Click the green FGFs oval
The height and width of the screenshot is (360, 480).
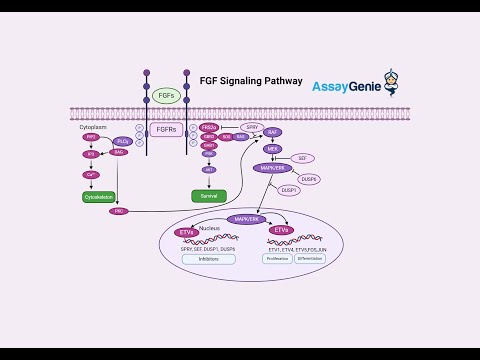coord(166,96)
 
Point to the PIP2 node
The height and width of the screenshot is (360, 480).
coord(90,137)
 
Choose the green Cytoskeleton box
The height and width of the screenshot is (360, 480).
coord(98,197)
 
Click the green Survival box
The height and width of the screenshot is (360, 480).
coord(209,195)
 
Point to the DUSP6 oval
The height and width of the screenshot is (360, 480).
coord(310,179)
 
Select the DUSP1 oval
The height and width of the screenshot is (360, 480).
coord(288,188)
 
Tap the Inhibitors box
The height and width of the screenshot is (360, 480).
coord(209,259)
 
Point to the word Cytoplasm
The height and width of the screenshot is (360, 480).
coord(93,128)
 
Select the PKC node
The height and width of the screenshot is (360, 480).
coord(119,211)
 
